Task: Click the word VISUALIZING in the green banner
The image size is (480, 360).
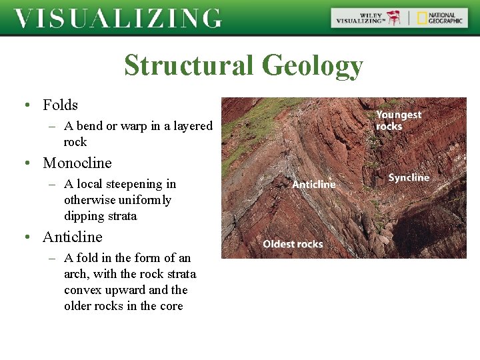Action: (117, 18)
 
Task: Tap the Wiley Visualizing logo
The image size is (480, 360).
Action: (369, 18)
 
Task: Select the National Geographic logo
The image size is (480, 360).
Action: (439, 18)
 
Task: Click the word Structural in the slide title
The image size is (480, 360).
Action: (189, 66)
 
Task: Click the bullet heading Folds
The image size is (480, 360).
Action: (60, 105)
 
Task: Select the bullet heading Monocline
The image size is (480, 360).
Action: (77, 163)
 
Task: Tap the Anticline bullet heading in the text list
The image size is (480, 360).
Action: (73, 237)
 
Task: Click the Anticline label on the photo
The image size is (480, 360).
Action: (313, 184)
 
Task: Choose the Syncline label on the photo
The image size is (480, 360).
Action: (409, 177)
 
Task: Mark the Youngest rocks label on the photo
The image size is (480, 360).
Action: (399, 120)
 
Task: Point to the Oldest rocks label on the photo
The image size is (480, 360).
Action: (293, 244)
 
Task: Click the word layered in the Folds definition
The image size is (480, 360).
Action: (191, 126)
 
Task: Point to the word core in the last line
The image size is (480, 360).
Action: (169, 306)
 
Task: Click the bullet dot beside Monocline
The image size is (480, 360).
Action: (25, 163)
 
